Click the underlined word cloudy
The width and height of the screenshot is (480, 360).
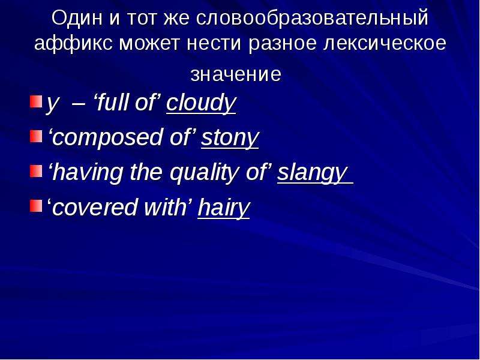pyautogui.click(x=201, y=103)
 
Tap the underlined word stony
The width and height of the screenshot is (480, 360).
pyautogui.click(x=230, y=138)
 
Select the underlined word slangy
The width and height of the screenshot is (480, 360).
pyautogui.click(x=313, y=173)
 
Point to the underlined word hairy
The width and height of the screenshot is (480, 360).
pyautogui.click(x=224, y=208)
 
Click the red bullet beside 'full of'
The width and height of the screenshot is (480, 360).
pyautogui.click(x=36, y=101)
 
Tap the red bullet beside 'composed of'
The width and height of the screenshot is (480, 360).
pyautogui.click(x=36, y=136)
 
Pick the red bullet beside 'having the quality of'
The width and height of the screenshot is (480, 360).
pyautogui.click(x=36, y=171)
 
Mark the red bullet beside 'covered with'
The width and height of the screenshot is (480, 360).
pyautogui.click(x=36, y=206)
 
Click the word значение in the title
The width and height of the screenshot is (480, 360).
pyautogui.click(x=236, y=74)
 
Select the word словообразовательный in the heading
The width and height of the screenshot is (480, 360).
pyautogui.click(x=312, y=18)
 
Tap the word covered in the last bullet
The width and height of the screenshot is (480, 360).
pyautogui.click(x=95, y=208)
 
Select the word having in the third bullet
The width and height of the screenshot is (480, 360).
pyautogui.click(x=88, y=173)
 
